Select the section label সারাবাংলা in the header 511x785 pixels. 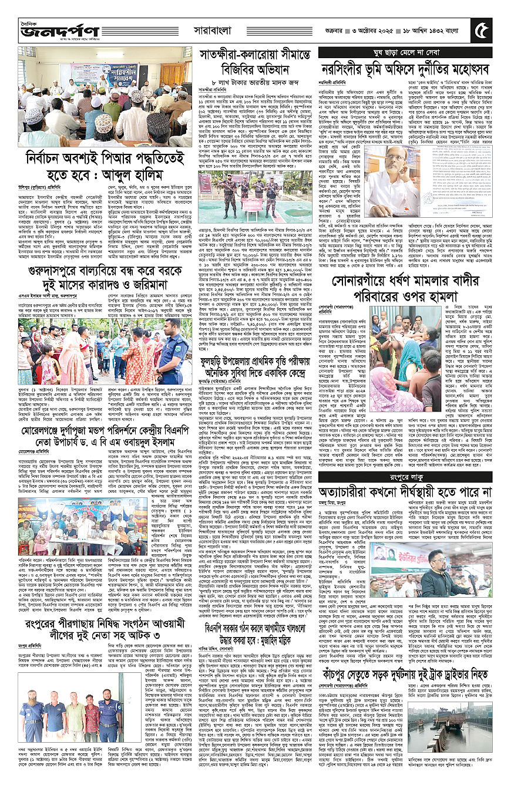[216, 27]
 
